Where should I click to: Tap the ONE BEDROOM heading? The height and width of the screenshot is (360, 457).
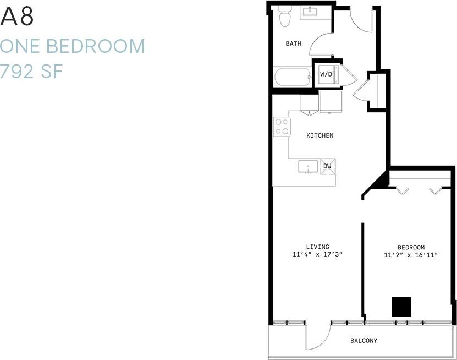coord(73,46)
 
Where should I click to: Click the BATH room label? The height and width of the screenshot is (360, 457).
coord(293,43)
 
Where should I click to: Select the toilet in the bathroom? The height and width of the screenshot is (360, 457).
coord(284,16)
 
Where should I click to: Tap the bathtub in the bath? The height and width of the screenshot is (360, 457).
coord(293,77)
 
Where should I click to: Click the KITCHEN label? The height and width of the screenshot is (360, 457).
coord(320,135)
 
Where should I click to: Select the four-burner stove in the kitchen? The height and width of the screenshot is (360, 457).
coord(282,127)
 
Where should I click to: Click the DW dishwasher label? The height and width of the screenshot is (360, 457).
coord(327,166)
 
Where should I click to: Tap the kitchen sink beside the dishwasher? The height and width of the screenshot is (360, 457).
coord(308,166)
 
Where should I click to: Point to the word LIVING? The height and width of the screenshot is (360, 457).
coord(318,247)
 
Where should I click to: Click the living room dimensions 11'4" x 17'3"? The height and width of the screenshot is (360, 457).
coord(318,255)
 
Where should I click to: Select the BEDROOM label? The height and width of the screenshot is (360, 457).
coord(411,247)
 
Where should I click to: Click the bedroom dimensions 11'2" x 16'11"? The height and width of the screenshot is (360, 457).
coord(411,255)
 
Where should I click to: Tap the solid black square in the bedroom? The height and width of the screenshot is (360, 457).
coord(401,307)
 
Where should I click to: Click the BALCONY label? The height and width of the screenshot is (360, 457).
coord(364,341)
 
